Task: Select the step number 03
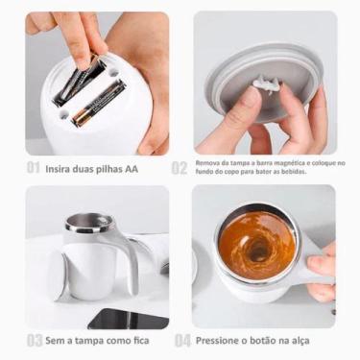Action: pos(34,340)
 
